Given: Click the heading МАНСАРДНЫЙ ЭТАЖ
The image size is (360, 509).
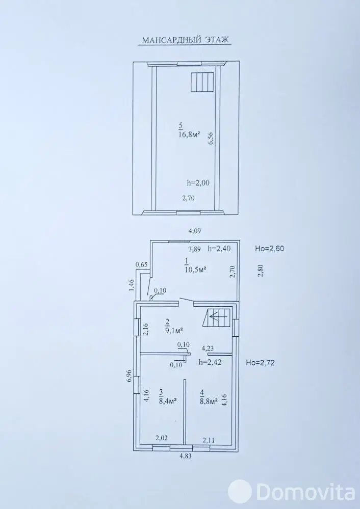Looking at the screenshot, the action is (x=186, y=40).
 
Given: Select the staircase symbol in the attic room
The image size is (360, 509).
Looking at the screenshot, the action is (x=202, y=82).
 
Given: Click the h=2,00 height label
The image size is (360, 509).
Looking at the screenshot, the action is (x=198, y=183).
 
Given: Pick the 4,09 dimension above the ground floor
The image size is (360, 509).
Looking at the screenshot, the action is (x=195, y=231).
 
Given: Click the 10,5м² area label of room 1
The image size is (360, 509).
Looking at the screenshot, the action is (x=196, y=269).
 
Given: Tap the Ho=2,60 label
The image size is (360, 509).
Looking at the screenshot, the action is (x=270, y=249).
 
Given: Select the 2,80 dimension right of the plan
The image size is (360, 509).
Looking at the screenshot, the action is (x=260, y=271).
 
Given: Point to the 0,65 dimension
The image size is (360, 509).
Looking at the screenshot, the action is (x=142, y=264).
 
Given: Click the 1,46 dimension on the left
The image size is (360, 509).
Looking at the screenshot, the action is (x=132, y=285).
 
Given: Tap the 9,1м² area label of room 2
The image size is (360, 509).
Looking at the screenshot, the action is (x=174, y=331).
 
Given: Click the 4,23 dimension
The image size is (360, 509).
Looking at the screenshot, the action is (x=208, y=349).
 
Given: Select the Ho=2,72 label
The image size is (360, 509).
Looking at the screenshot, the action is (x=260, y=363).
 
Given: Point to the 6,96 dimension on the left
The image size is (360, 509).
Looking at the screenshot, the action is (x=128, y=376).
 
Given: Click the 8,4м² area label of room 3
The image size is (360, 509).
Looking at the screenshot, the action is (x=167, y=401).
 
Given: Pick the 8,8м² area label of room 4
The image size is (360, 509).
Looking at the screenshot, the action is (x=209, y=401).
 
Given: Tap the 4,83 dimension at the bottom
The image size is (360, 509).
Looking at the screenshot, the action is (x=186, y=456).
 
